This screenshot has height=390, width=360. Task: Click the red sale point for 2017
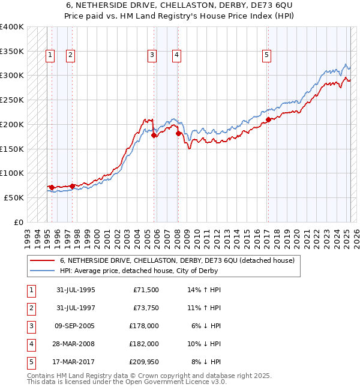(x=268, y=119)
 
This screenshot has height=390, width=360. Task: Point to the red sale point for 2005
(x=154, y=135)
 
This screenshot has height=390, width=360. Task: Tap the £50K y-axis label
(x=14, y=197)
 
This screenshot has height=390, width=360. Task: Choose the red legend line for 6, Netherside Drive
(x=43, y=261)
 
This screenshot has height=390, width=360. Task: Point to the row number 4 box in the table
(x=31, y=344)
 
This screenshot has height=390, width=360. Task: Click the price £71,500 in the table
(x=145, y=290)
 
